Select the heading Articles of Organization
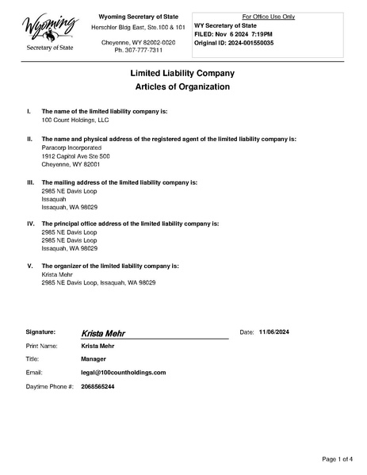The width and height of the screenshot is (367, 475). click(183, 86)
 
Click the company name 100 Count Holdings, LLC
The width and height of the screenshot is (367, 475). click(75, 120)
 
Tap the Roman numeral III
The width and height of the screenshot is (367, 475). click(29, 182)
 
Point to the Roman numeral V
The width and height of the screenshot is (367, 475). click(29, 266)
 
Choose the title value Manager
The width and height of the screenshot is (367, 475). click(94, 359)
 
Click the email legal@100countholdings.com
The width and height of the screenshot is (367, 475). click(123, 372)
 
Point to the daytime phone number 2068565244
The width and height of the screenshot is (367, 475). click(97, 386)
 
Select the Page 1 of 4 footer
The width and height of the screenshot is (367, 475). click(337, 459)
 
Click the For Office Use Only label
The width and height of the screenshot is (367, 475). click(270, 17)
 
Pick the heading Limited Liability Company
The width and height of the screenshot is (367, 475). click(183, 72)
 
